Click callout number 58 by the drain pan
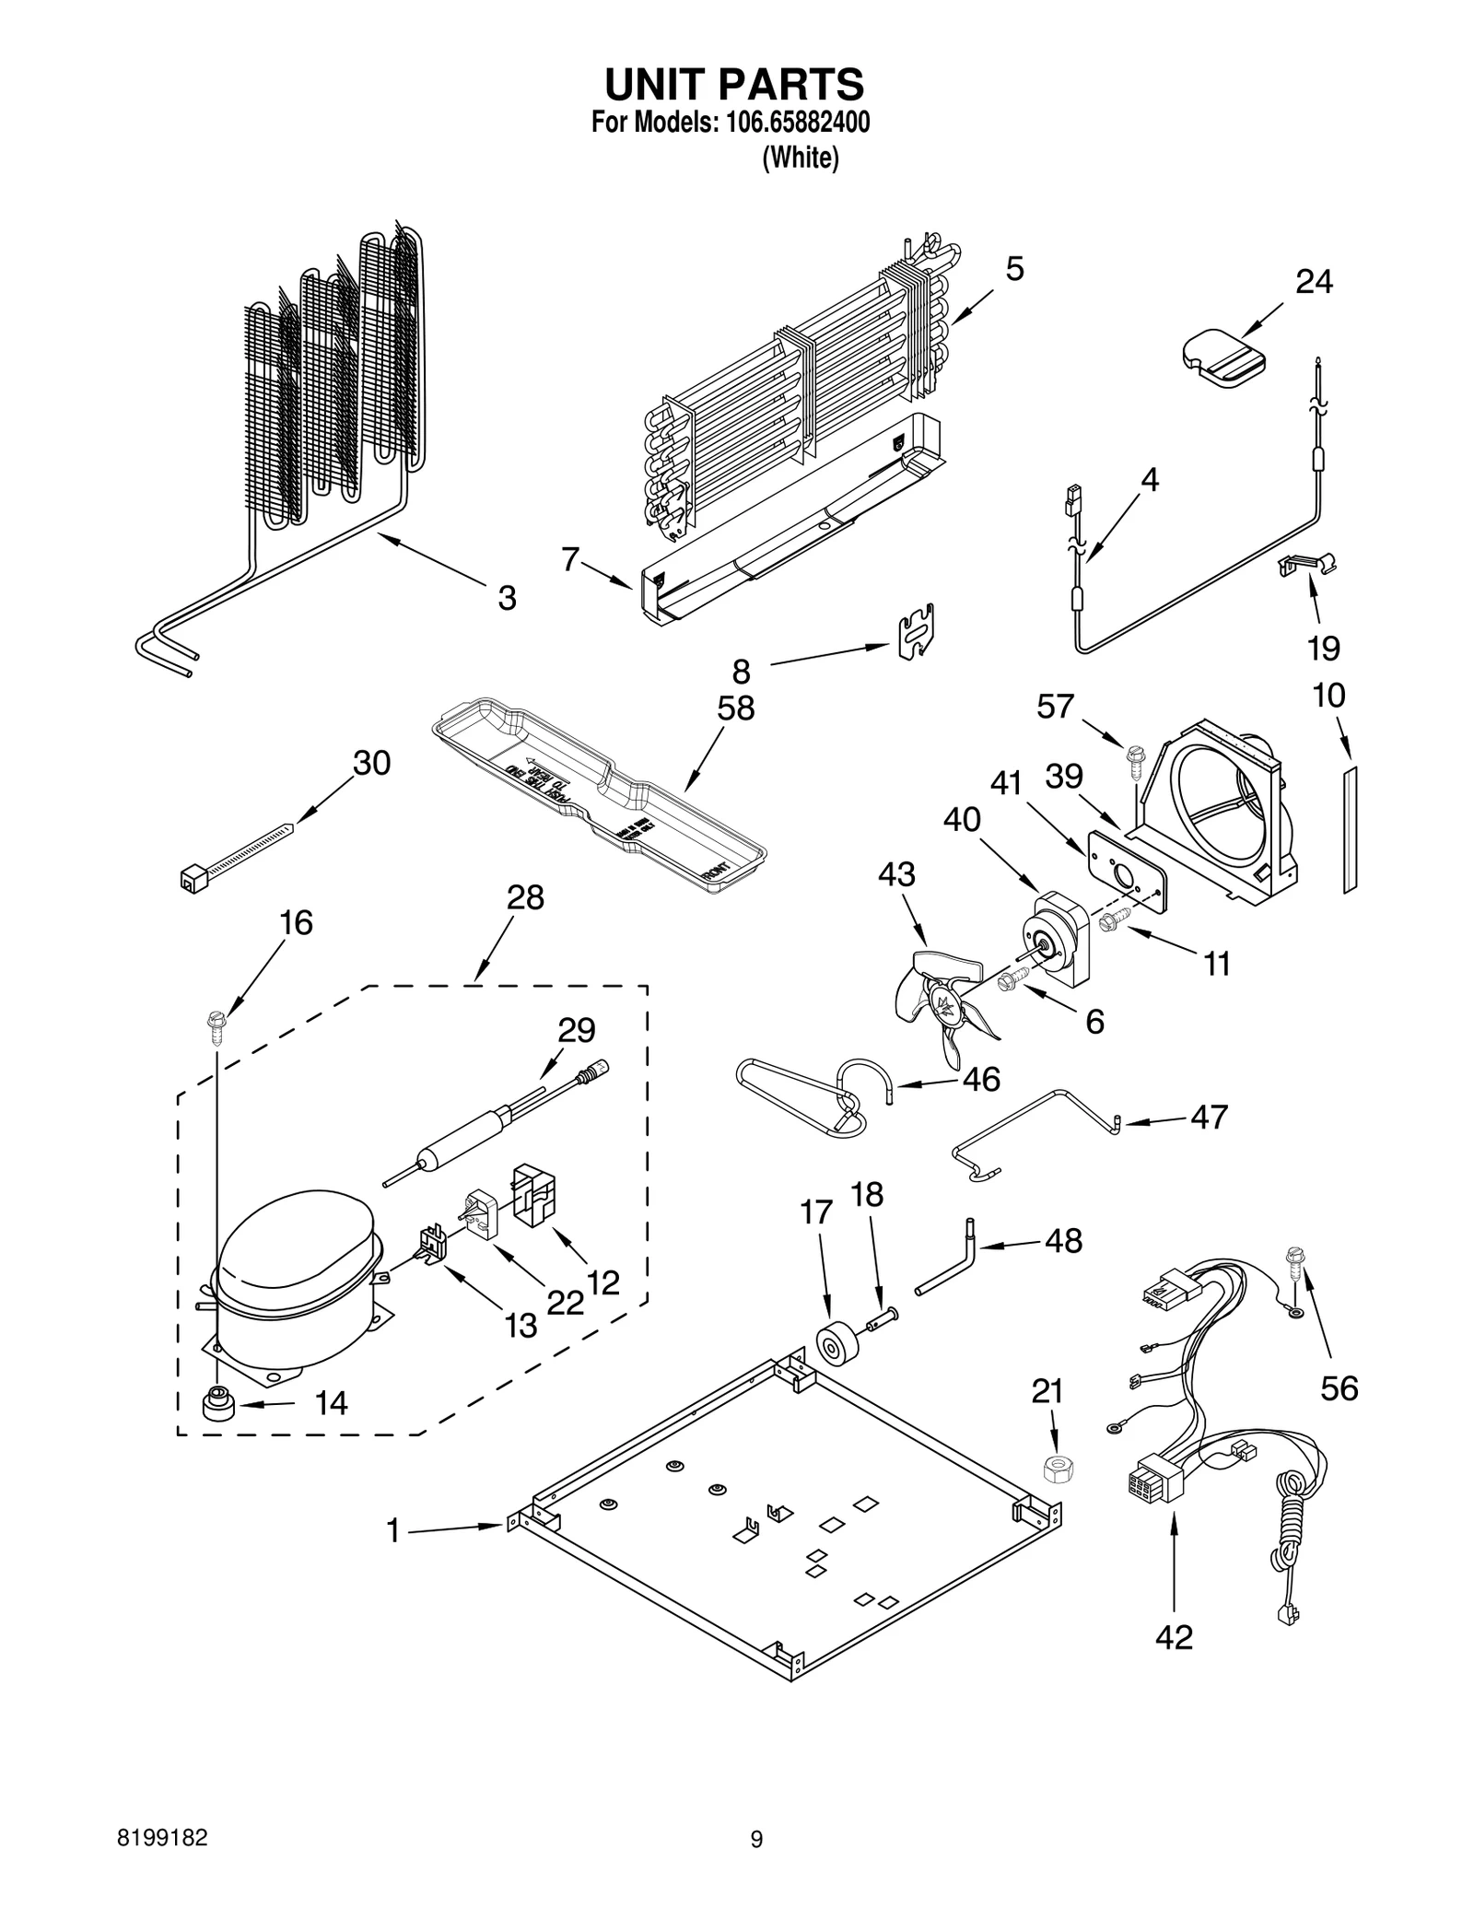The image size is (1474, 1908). tap(735, 708)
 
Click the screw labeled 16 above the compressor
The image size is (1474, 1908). tap(217, 1024)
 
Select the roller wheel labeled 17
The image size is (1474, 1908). tap(836, 1351)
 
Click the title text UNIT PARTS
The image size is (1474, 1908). tap(734, 85)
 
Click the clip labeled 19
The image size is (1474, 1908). tap(1308, 565)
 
